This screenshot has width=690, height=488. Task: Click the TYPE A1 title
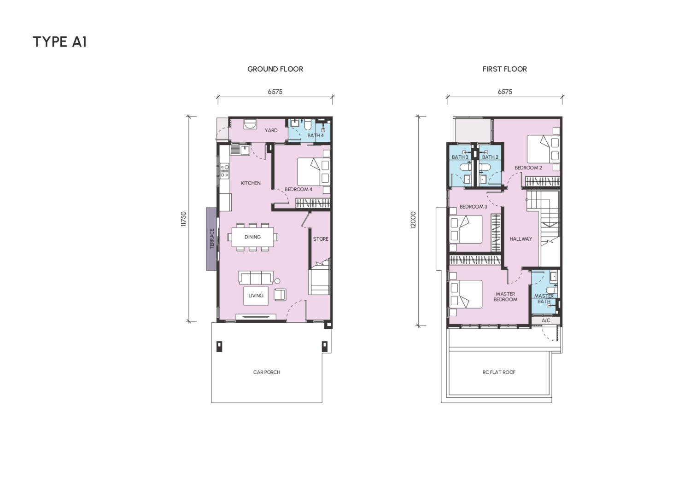coord(59,42)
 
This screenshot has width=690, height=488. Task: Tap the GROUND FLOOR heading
coord(275,69)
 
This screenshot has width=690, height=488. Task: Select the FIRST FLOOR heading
coord(504,69)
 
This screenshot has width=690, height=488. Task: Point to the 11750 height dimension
coord(184,219)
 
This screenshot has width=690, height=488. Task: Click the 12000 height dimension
coord(413,220)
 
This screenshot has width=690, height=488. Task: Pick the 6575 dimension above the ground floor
coord(275,92)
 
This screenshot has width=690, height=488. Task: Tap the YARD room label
coord(271,130)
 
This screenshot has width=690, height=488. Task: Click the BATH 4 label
coord(316,135)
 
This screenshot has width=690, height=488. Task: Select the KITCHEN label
coord(251,183)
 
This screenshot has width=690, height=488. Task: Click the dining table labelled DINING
coord(252,237)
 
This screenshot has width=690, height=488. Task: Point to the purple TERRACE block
coord(211,239)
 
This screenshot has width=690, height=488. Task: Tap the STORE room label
coord(321,239)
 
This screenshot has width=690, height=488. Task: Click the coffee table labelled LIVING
coord(256,296)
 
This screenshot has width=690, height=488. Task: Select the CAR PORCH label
coord(267,372)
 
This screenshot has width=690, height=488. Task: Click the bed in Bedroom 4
coord(314,172)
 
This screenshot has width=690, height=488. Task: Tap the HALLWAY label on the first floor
coord(520,238)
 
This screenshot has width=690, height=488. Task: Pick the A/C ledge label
coord(546,320)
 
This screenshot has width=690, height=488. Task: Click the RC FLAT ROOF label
coord(499,372)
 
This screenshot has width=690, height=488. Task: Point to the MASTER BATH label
coord(544,299)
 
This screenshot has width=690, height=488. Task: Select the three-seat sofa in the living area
coord(256,278)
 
